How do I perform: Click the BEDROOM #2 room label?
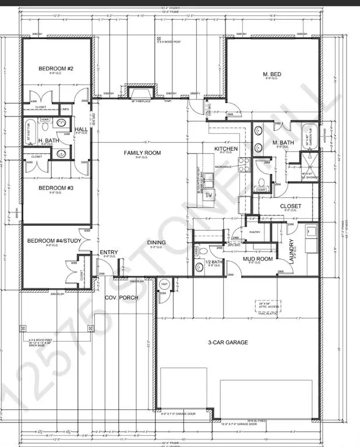56,69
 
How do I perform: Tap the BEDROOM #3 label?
56,188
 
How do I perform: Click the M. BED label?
273,73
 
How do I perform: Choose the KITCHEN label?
227,150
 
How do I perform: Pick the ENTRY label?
109,252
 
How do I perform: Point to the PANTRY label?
254,232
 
